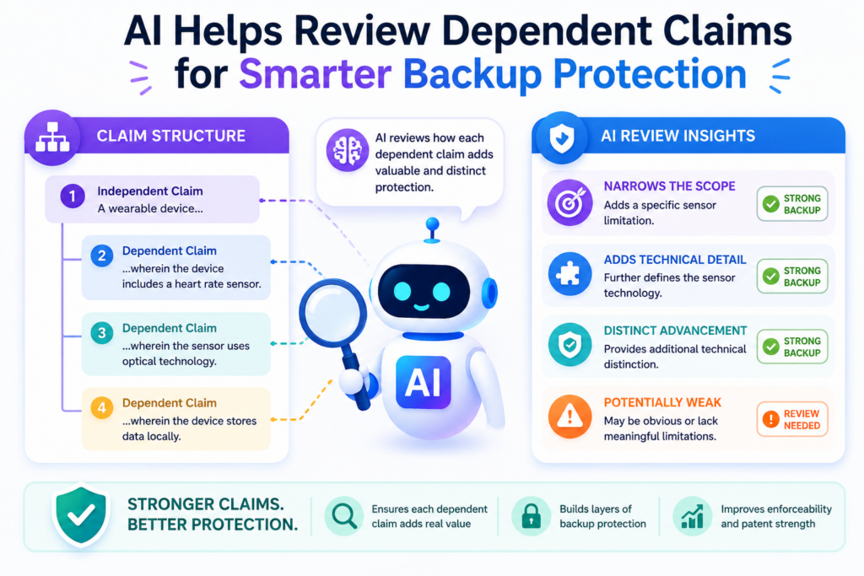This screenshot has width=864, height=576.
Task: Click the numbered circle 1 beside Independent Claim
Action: click(x=73, y=196)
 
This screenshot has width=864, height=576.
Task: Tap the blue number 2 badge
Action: click(x=102, y=256)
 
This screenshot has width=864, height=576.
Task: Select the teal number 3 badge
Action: click(x=102, y=332)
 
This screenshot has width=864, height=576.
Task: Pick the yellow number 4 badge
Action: click(x=102, y=407)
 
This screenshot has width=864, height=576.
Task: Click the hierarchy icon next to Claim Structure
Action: click(x=52, y=137)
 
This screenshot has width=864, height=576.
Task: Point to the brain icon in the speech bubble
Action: click(x=347, y=150)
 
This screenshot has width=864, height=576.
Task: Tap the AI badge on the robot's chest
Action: click(x=424, y=382)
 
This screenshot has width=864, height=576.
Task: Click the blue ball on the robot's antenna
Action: click(x=433, y=224)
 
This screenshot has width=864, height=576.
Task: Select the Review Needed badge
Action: click(x=792, y=419)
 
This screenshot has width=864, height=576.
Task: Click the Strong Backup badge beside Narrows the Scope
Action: click(x=792, y=204)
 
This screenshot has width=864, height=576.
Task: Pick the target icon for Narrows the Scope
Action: click(x=570, y=202)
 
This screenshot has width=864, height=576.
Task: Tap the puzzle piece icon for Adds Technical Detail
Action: click(x=570, y=274)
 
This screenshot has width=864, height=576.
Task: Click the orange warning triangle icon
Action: click(x=570, y=417)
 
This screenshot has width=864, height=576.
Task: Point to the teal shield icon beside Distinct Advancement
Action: click(x=570, y=345)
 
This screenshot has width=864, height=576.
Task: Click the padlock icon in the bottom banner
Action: click(x=532, y=516)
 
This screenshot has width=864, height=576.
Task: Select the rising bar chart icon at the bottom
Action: click(x=693, y=516)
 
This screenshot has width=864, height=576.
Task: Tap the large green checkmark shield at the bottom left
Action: click(x=82, y=515)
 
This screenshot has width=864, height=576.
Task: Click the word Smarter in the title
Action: click(x=316, y=73)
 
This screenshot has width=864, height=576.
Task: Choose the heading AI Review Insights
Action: click(x=678, y=136)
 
